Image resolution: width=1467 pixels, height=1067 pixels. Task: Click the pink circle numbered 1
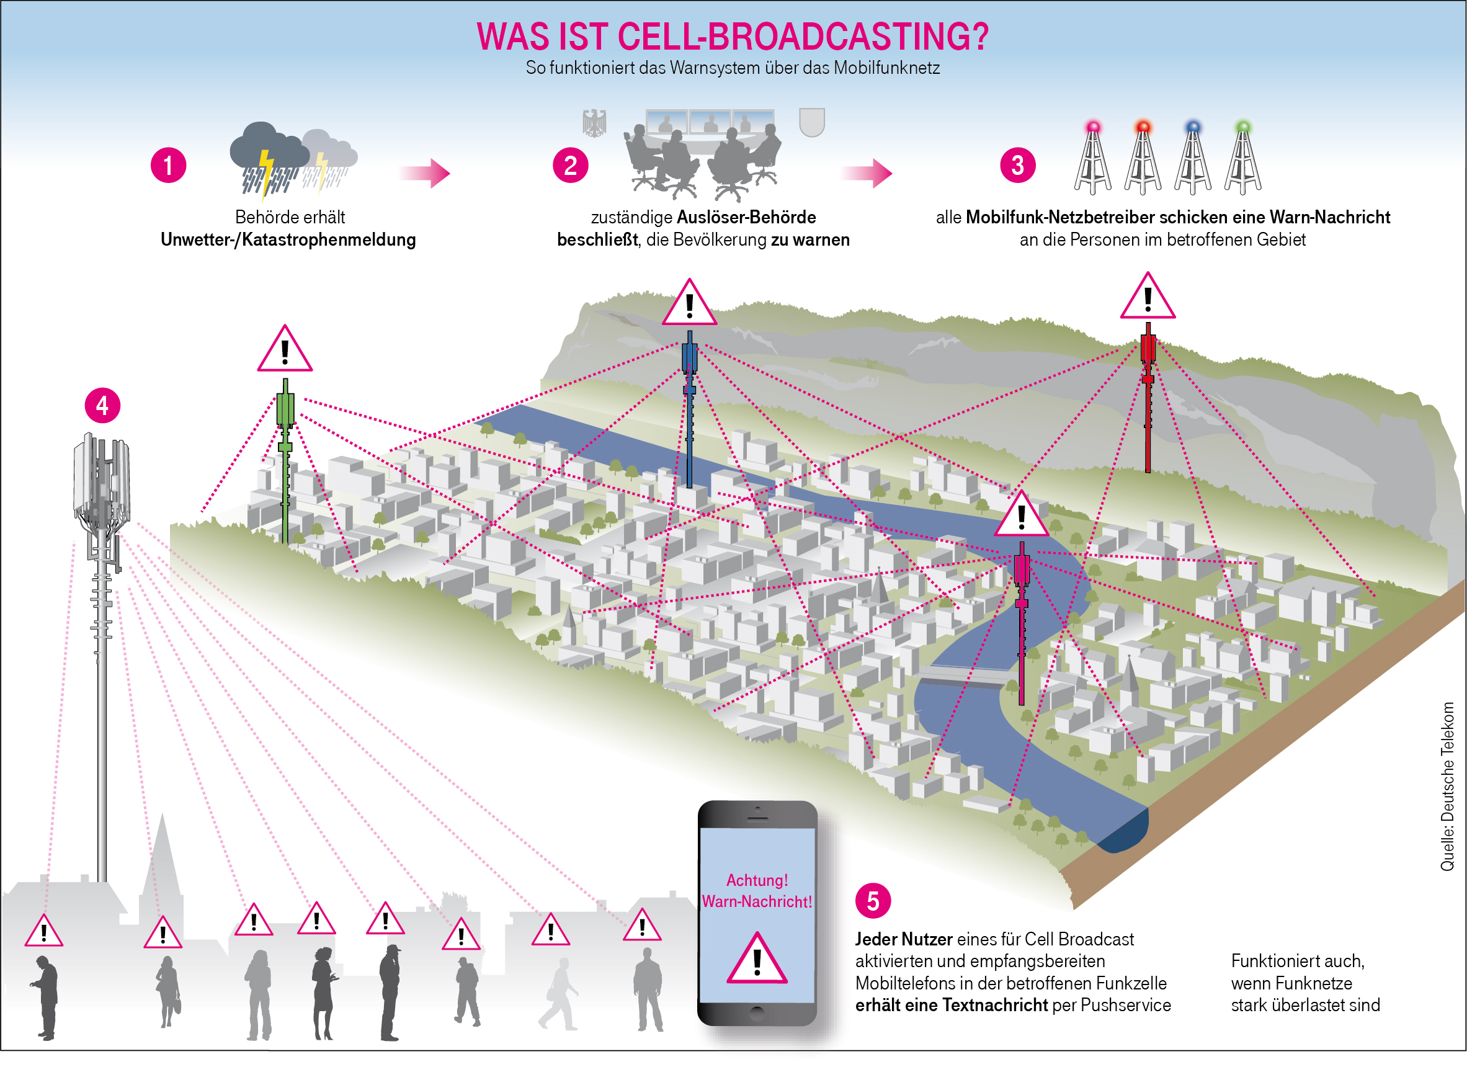click(x=168, y=165)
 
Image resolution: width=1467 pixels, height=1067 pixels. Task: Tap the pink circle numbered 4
click(x=102, y=405)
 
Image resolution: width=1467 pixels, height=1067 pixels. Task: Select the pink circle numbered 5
click(x=873, y=900)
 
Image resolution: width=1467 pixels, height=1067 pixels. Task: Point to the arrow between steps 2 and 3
click(x=867, y=172)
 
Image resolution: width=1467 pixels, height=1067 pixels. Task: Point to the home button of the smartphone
click(x=757, y=1012)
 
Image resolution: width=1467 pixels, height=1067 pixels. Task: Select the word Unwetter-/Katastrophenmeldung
click(x=288, y=239)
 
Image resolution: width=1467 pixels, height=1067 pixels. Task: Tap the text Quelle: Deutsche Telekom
click(x=1447, y=786)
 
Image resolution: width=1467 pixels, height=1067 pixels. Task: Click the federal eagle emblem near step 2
click(x=594, y=123)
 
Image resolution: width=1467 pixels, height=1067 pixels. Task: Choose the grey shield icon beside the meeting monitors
click(x=812, y=122)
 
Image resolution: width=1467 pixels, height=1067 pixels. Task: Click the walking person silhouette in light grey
click(x=558, y=994)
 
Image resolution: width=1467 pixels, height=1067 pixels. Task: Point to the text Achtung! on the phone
click(x=757, y=880)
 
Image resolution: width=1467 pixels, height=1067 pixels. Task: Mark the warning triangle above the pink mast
click(x=1022, y=515)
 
